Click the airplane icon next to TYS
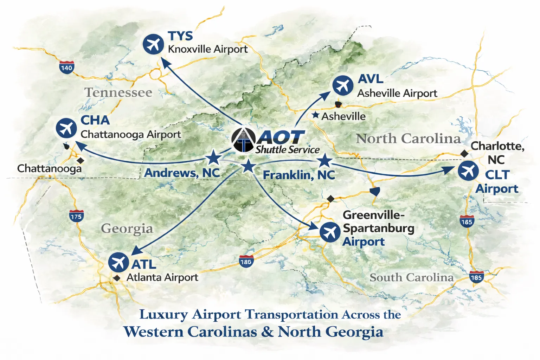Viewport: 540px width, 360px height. [x=153, y=44]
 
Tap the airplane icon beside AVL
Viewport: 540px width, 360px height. [x=343, y=85]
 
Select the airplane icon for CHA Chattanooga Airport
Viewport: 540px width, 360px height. [x=66, y=128]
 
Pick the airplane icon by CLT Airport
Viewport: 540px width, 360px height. [x=468, y=171]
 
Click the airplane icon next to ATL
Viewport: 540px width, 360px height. [x=118, y=262]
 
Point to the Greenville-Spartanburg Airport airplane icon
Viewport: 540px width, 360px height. [x=330, y=232]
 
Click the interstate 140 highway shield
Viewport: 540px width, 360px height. [x=66, y=67]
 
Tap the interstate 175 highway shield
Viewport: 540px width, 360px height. [x=76, y=216]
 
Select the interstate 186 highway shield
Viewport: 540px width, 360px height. [x=246, y=262]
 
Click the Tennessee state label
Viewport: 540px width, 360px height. [x=118, y=92]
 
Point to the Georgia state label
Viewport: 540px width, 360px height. [x=127, y=229]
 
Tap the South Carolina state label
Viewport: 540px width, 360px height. [x=412, y=277]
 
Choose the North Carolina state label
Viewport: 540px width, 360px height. [x=408, y=139]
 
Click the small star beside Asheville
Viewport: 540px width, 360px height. [x=316, y=115]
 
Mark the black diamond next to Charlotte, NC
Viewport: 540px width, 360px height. [x=464, y=154]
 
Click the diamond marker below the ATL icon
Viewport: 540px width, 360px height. [x=117, y=278]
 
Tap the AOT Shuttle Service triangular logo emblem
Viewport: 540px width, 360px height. [x=244, y=141]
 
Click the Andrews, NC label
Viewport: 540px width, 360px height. [x=182, y=173]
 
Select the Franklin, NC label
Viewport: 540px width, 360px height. [x=299, y=175]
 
